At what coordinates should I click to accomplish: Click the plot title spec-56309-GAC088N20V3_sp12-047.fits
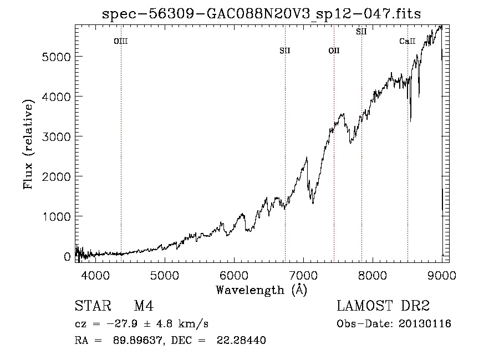coord(261,14)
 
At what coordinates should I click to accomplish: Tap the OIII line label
coord(121,41)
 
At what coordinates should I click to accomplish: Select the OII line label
coord(334,50)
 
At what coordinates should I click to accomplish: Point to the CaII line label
coord(408,41)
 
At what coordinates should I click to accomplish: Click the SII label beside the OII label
coord(285,50)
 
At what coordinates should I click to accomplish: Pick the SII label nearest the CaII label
coord(361,32)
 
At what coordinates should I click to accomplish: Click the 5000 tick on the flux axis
coord(56,57)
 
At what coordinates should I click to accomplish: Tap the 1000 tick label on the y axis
coord(56,217)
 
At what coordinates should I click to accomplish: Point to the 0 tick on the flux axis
coord(67,257)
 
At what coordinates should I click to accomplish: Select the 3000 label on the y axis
coord(56,137)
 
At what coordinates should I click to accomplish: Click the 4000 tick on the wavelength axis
coord(95,275)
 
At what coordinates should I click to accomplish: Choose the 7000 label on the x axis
coord(303,275)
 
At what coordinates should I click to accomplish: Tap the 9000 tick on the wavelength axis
coord(442,275)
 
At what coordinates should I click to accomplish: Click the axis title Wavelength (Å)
coord(262,290)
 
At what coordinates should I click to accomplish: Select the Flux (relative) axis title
coord(28,145)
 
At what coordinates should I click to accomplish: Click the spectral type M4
coord(144,306)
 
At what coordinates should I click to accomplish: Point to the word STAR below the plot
coord(93,306)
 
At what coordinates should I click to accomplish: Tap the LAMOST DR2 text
coord(383,306)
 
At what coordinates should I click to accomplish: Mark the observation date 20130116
coord(425,324)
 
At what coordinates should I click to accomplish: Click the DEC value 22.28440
coord(241,340)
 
